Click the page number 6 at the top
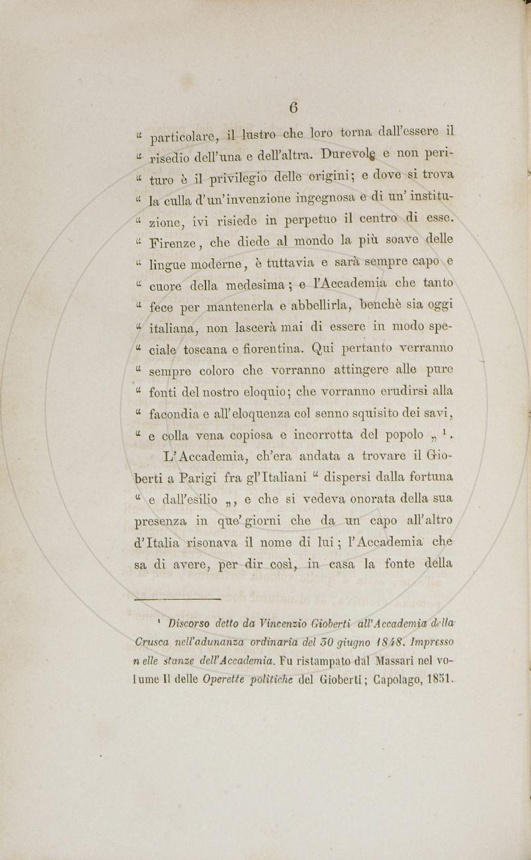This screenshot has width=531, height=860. tap(293, 107)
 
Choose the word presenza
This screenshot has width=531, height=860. tap(161, 521)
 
